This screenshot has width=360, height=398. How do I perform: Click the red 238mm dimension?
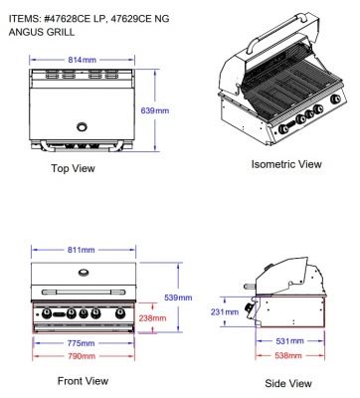152,318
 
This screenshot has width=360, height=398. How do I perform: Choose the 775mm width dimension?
81,343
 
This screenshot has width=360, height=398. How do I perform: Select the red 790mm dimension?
81,355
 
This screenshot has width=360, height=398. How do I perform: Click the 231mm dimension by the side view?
226,311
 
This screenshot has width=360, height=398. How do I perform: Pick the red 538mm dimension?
287,355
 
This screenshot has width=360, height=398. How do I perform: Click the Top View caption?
73,168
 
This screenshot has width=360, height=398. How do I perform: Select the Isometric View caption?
285,163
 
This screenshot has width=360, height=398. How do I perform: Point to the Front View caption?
83,381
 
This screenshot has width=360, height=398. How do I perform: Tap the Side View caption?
288,383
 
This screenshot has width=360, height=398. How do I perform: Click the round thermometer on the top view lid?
83,126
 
